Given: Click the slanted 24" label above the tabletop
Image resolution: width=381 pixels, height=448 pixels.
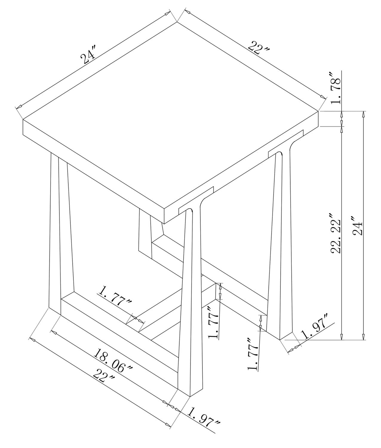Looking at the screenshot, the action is [x=88, y=56].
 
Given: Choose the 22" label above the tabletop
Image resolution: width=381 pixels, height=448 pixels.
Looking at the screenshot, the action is [x=259, y=49].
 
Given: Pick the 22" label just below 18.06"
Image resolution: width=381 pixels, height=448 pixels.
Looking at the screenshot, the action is [x=104, y=378].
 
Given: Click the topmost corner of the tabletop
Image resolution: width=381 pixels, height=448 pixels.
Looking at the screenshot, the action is [x=177, y=22].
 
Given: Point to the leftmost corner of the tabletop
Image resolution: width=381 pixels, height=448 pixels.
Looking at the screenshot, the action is [x=23, y=119].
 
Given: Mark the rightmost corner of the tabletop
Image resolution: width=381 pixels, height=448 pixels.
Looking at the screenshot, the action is [x=318, y=111].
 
